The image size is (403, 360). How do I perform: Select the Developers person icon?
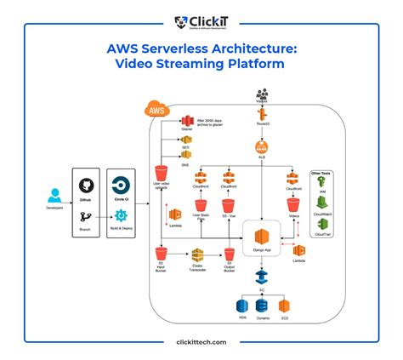(54, 195)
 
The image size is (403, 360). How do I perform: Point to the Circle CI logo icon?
(122, 186)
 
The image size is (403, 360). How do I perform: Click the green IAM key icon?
(323, 185)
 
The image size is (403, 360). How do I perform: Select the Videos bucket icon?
(293, 204)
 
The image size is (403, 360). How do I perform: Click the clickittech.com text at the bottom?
(201, 342)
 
